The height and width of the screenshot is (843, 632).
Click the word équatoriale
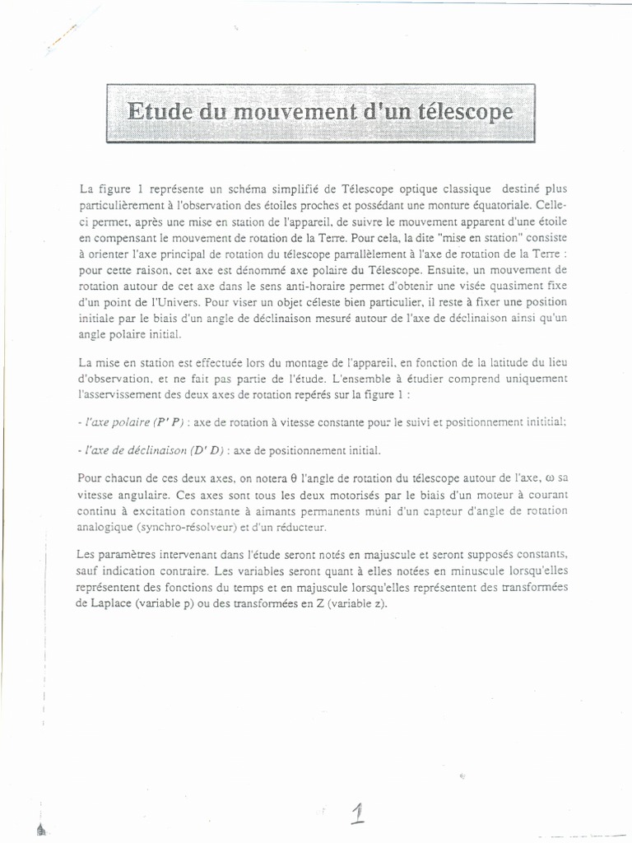click(x=513, y=204)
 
